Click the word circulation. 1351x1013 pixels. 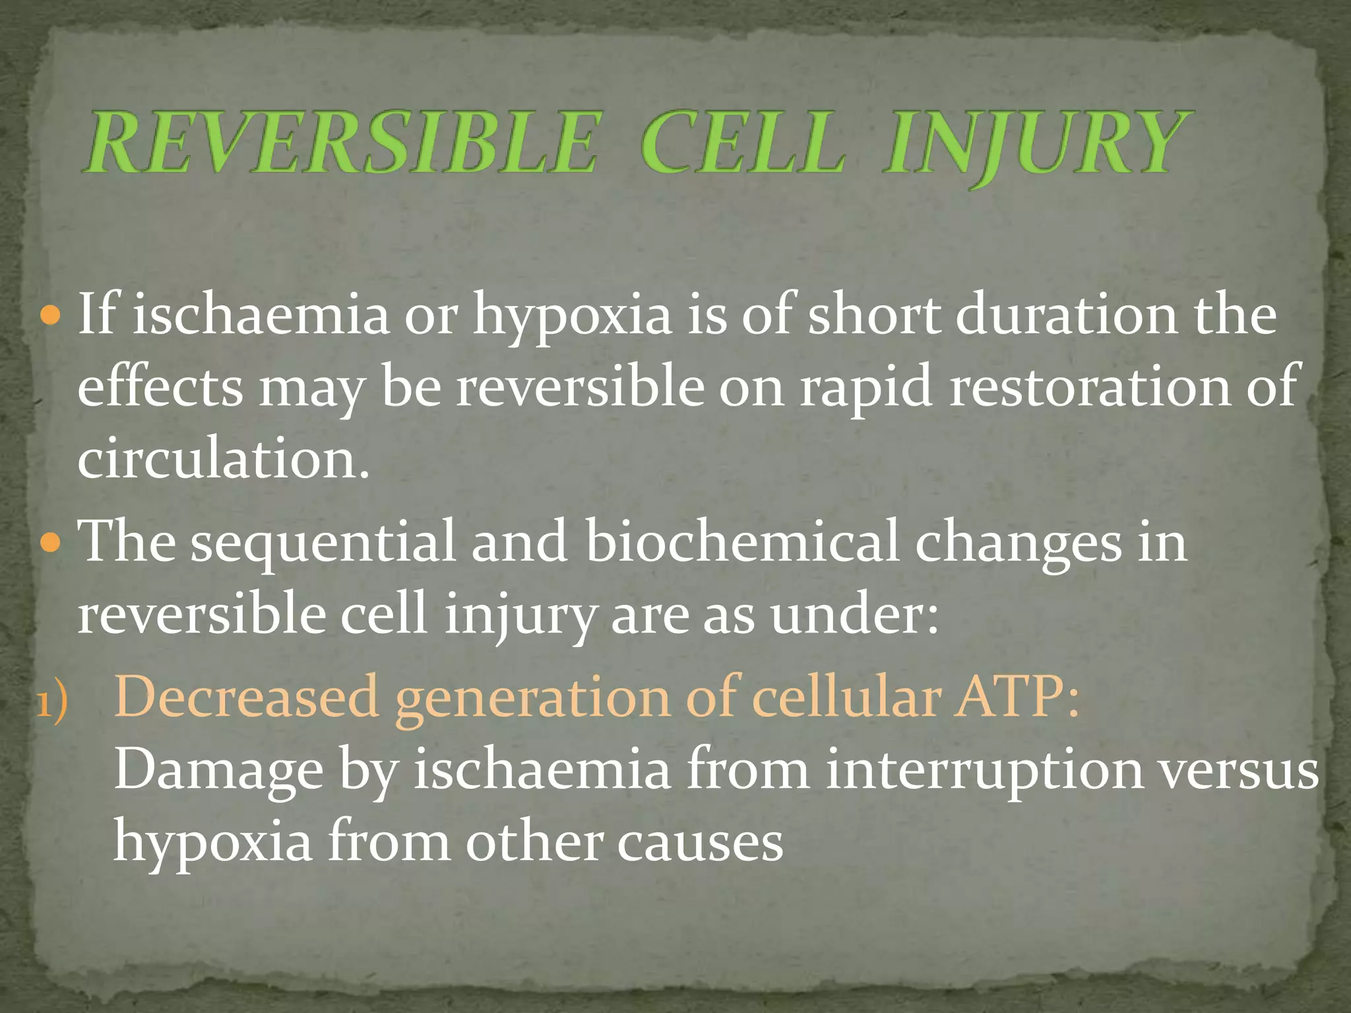[x=223, y=459]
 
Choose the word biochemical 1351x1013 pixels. [x=742, y=542]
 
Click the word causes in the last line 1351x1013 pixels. [x=700, y=843]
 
